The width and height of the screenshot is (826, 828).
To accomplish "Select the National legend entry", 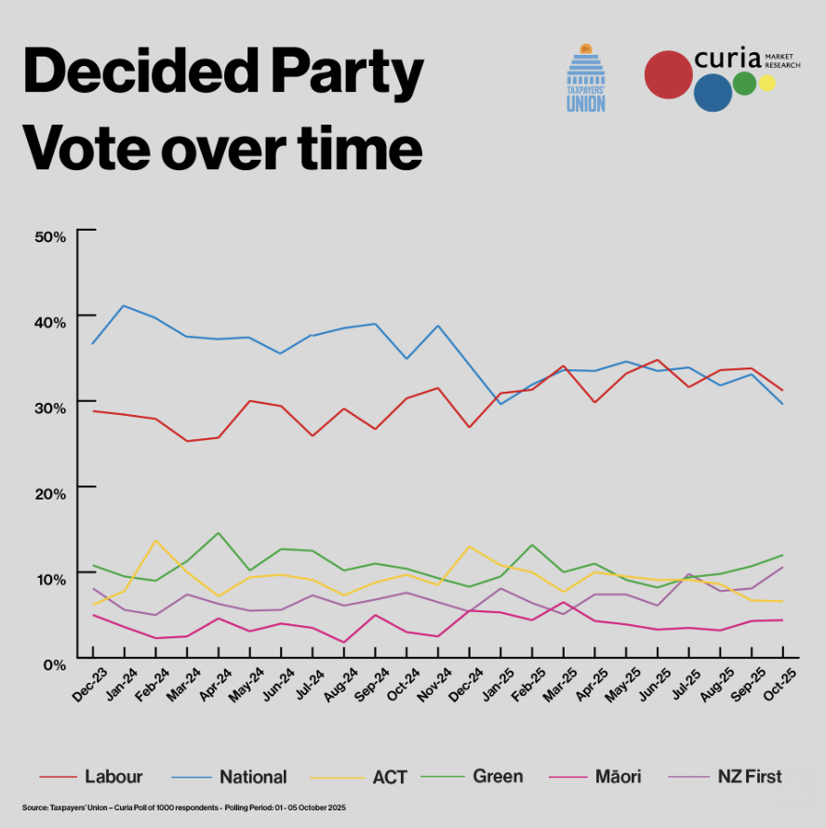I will [x=252, y=776].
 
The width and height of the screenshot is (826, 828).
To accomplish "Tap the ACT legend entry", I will [x=389, y=776].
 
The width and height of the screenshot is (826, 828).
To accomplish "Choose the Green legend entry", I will [x=497, y=776].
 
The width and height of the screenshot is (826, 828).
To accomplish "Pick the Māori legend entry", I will [x=615, y=776].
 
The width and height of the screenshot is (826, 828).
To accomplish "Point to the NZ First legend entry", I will [x=750, y=776].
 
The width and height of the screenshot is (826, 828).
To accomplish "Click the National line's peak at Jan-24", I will [x=124, y=305].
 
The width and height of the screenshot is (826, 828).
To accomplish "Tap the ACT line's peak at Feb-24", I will [x=155, y=541].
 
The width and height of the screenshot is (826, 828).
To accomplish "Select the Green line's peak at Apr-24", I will [x=218, y=533].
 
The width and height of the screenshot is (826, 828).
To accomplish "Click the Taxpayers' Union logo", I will [x=586, y=78].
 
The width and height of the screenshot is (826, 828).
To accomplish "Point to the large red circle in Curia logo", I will [x=668, y=75].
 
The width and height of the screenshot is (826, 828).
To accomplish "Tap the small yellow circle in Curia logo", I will [x=766, y=83].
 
